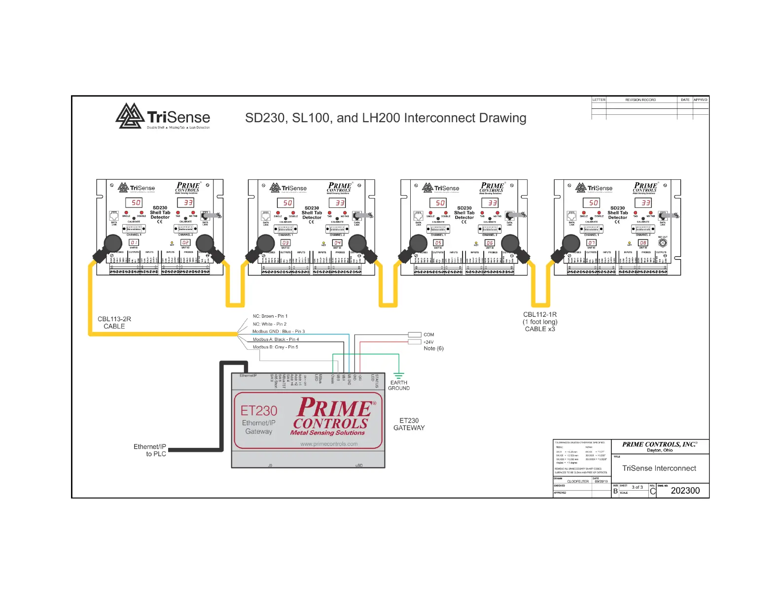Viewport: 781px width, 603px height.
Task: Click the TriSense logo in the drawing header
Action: (x=163, y=117)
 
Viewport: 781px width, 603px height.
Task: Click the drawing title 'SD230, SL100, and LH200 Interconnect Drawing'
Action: (x=386, y=118)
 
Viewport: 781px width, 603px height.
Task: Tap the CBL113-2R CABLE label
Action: (x=114, y=323)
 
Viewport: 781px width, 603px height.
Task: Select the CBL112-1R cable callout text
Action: (x=540, y=322)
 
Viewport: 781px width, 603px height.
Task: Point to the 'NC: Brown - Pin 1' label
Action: (x=270, y=316)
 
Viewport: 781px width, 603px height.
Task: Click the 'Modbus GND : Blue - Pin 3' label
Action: (x=279, y=332)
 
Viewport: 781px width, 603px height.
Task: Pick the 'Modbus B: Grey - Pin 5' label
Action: (x=276, y=347)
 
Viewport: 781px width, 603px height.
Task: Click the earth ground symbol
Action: (x=399, y=376)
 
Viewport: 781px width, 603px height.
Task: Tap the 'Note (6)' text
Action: (x=434, y=349)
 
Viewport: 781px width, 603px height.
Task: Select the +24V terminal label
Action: (x=428, y=342)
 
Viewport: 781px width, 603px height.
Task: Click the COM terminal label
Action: (x=429, y=335)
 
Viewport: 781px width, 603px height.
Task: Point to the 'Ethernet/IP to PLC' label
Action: (x=150, y=450)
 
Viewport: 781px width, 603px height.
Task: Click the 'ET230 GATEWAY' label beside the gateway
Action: (x=409, y=424)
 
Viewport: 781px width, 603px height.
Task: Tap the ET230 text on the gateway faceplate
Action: (x=259, y=410)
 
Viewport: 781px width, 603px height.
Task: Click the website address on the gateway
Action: (x=329, y=444)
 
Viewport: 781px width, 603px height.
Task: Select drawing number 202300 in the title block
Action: (x=685, y=491)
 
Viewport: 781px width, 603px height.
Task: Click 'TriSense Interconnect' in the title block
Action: (x=659, y=469)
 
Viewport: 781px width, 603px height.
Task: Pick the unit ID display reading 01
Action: (x=134, y=242)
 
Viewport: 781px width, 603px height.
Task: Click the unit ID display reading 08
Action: (x=643, y=242)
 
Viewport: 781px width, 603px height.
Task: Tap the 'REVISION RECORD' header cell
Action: (x=640, y=100)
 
